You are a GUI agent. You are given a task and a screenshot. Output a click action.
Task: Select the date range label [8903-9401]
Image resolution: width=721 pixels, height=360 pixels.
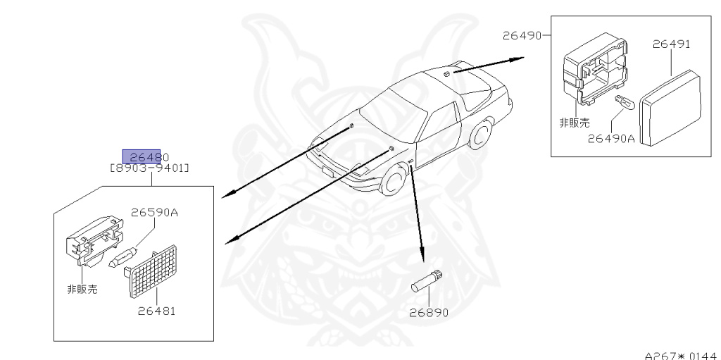click(149, 168)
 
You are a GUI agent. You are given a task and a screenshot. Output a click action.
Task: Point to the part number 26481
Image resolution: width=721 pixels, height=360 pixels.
click(156, 310)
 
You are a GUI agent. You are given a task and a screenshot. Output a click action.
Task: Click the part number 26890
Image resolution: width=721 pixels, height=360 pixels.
click(430, 313)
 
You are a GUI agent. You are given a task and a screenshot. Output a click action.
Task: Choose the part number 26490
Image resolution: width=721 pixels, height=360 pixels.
click(521, 33)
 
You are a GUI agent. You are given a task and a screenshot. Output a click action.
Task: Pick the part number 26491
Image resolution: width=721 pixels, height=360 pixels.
click(671, 44)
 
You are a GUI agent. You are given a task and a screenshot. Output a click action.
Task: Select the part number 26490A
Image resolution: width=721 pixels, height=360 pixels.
click(611, 139)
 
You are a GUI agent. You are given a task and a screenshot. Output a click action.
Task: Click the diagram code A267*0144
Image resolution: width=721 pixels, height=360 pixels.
click(681, 355)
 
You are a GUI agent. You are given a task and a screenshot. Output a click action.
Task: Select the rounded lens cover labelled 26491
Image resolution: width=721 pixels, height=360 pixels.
click(672, 109)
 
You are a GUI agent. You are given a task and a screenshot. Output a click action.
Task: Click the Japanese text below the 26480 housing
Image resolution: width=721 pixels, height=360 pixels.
click(82, 288)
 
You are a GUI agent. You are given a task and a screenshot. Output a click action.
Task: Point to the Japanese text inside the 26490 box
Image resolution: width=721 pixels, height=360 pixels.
click(574, 123)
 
